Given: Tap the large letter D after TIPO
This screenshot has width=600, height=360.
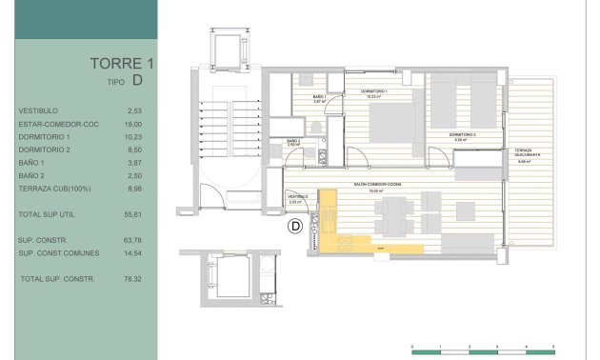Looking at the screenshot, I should pos(139,83).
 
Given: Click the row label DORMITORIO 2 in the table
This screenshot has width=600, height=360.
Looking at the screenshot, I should pos(45,150).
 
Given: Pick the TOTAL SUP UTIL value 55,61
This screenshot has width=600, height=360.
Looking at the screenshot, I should pos(134,215).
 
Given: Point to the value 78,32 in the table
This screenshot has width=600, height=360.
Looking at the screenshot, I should pos(134,279).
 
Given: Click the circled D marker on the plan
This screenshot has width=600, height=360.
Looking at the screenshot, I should pos(295,226).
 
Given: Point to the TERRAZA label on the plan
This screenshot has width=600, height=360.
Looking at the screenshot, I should pos(523,151).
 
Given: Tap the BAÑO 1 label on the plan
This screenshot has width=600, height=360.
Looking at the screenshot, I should pos(319,98).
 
